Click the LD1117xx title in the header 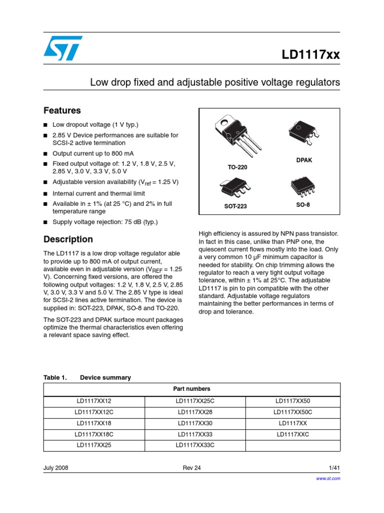point(310,56)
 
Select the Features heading point(62,110)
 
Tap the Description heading point(68,239)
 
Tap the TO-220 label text point(237,167)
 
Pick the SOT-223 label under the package point(235,206)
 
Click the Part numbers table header point(192,389)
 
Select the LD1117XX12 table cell point(94,401)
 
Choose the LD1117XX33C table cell point(194,445)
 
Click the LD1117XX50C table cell point(292,412)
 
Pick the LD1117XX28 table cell point(194,412)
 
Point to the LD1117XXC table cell point(292,434)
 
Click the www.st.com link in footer point(329,478)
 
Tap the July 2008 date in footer point(56,467)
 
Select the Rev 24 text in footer point(192,467)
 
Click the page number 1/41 point(334,467)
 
